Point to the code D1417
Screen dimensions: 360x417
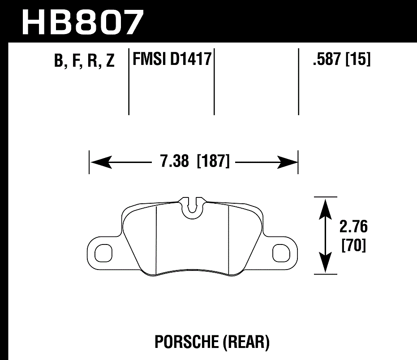tap(191, 59)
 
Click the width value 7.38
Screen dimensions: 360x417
tap(174, 162)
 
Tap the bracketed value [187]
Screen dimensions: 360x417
tap(213, 162)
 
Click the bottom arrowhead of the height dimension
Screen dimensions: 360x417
tap(325, 262)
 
